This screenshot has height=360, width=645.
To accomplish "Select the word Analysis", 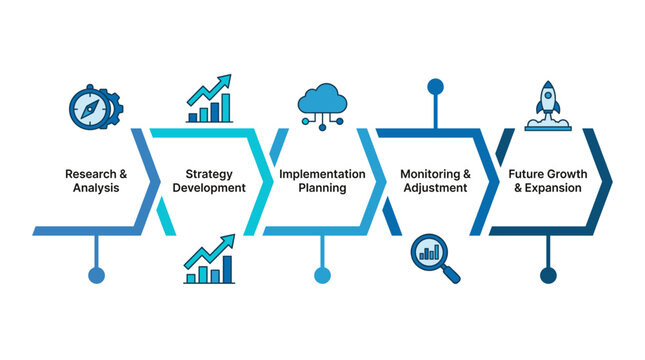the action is point(95,187).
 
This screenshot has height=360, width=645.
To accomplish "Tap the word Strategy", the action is point(208,173).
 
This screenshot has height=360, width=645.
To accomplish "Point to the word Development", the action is point(208,187).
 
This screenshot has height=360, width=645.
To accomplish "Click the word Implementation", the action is point(321,173).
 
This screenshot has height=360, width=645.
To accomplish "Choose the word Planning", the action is point(321,187).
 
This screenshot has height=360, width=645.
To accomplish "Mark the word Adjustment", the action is point(434,187).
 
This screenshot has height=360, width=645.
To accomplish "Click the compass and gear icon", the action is point(94,105).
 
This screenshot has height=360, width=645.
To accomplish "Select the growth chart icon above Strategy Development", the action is point(209,99).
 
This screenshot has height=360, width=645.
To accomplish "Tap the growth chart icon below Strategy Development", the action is point(209,259).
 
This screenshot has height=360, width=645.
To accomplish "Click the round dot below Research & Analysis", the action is point(96,275).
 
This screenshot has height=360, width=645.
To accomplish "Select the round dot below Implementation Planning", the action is point(322,275).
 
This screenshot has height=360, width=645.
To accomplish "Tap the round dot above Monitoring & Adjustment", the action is point(435,85).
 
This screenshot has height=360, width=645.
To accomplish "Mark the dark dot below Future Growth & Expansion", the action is point(548,275).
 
